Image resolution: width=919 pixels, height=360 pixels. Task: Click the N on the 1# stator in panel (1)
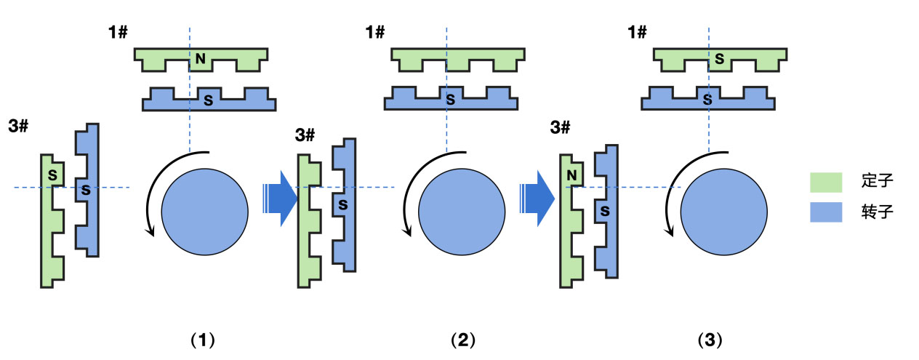click(x=200, y=59)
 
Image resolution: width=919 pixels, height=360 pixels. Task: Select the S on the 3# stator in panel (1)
click(x=52, y=175)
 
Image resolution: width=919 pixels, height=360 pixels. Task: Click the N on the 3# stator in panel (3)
click(x=571, y=175)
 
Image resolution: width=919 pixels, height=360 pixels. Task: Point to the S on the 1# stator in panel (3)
click(x=719, y=58)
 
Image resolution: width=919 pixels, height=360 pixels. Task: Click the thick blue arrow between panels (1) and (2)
click(x=281, y=196)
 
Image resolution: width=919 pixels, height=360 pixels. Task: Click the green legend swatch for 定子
click(x=827, y=182)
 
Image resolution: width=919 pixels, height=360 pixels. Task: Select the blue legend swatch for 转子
click(x=827, y=212)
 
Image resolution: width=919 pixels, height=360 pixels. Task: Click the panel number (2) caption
click(x=462, y=340)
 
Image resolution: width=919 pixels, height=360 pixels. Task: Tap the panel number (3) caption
click(x=710, y=340)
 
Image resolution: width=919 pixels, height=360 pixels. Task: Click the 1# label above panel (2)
click(x=375, y=32)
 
